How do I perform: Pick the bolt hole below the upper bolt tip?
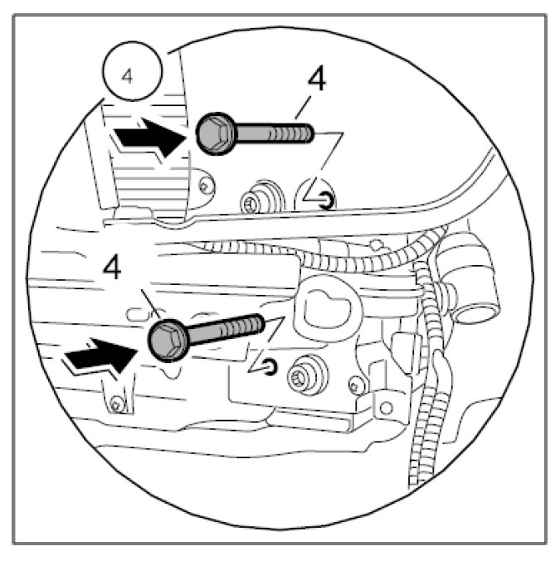329,199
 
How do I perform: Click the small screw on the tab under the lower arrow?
117,404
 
